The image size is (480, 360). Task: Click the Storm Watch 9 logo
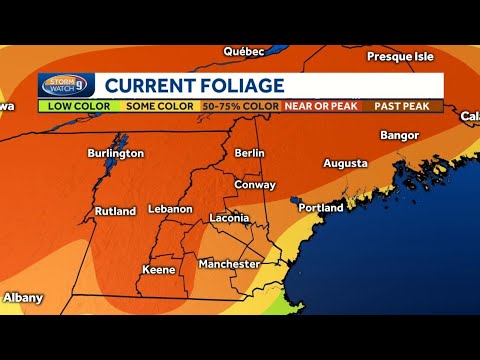(x=66, y=86)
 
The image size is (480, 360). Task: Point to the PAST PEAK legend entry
(x=407, y=105)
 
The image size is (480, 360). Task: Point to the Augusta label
(x=346, y=162)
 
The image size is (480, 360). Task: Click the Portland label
(x=321, y=208)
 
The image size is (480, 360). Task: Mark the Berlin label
(x=249, y=153)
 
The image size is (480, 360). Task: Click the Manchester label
(x=229, y=264)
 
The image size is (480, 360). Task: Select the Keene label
(x=158, y=269)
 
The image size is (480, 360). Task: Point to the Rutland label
(x=115, y=211)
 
